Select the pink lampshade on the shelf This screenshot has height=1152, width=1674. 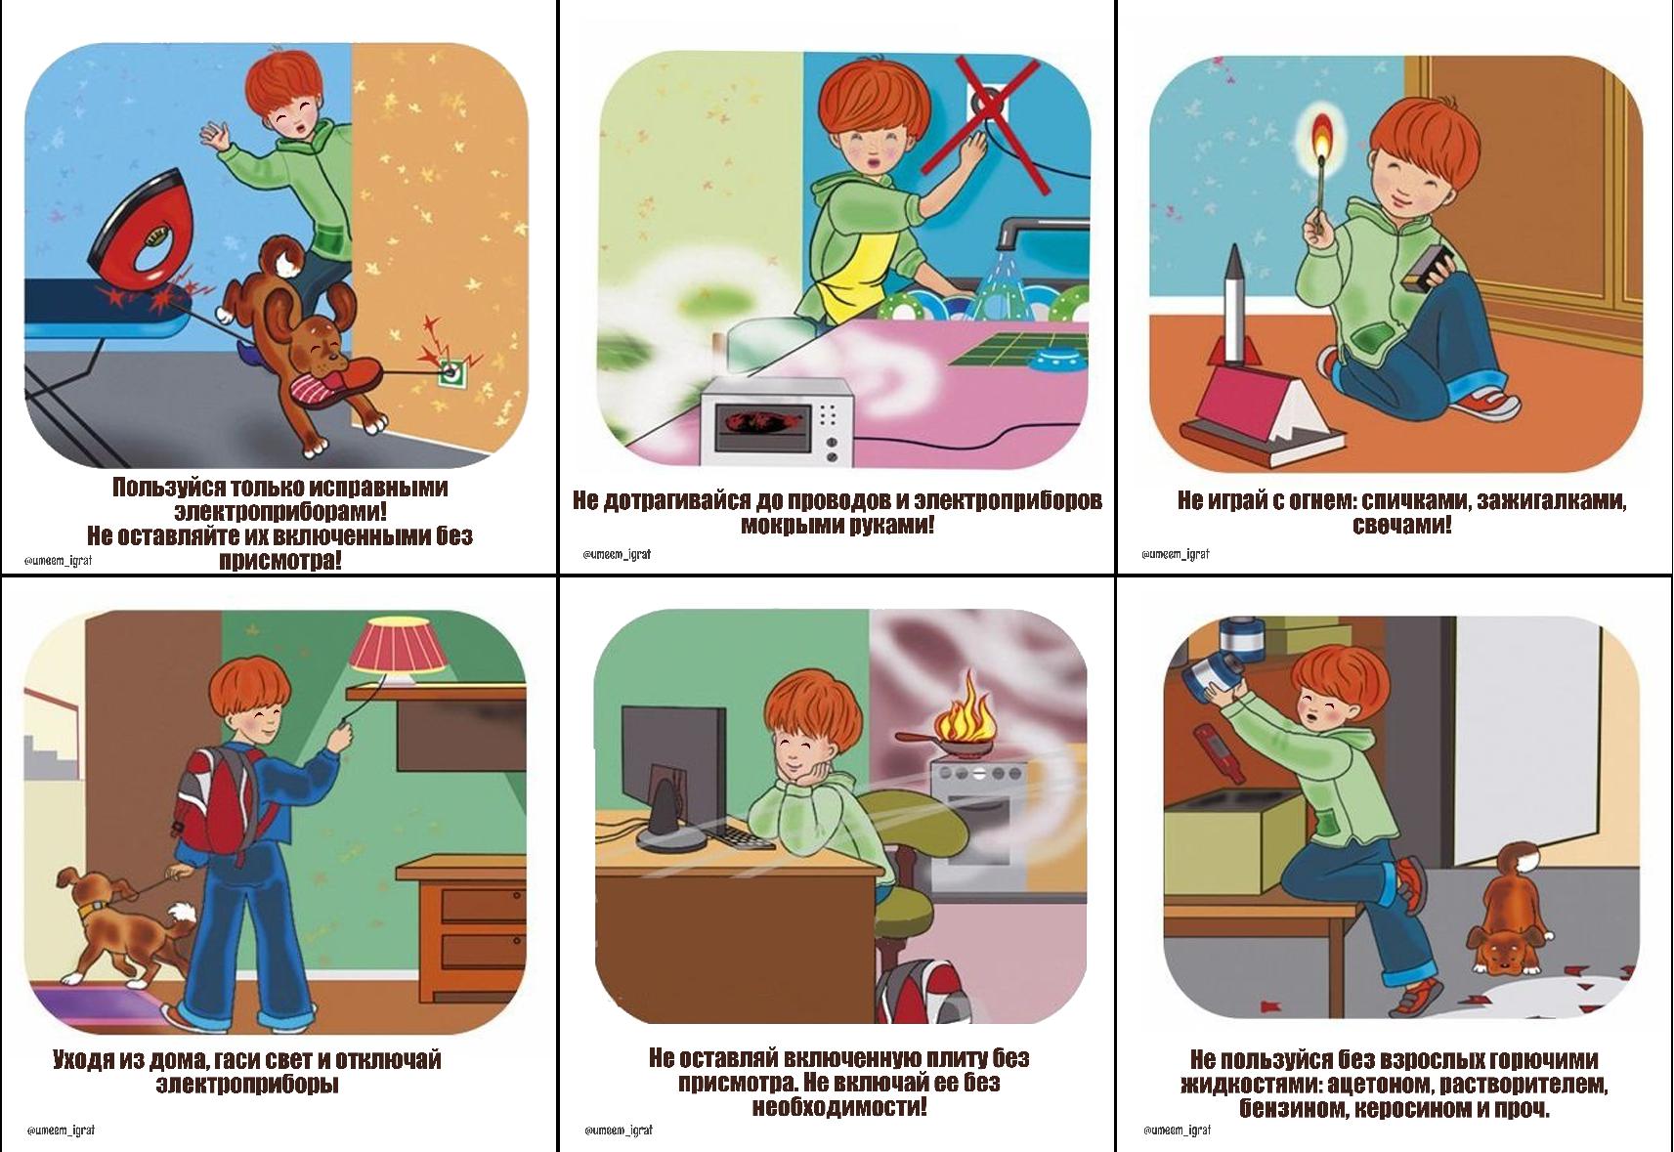coord(400,645)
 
